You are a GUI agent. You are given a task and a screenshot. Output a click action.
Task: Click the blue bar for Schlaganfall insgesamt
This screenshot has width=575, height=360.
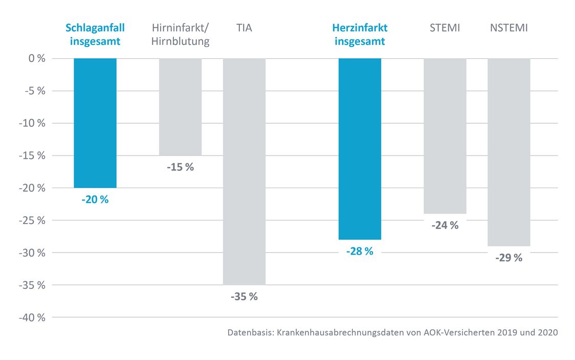click(95, 123)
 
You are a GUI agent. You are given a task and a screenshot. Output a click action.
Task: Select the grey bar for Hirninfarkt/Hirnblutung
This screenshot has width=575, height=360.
click(180, 106)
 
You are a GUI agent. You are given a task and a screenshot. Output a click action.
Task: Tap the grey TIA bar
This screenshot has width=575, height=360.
click(244, 171)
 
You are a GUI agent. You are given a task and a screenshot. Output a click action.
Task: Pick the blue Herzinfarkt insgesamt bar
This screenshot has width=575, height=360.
click(360, 148)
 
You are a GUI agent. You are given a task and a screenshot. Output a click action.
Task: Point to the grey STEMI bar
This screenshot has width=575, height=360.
click(445, 136)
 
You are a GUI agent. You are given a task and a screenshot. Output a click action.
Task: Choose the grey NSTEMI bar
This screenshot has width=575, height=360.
click(508, 152)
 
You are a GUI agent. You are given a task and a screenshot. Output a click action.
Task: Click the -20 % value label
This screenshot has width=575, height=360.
click(95, 199)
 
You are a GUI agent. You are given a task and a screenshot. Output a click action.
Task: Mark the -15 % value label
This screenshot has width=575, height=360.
click(180, 167)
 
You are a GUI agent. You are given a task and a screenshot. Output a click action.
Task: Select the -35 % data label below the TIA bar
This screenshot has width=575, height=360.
click(244, 296)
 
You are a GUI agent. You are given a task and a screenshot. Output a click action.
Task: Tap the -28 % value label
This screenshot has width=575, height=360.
click(360, 251)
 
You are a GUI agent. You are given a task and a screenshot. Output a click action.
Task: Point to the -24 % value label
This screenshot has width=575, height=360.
click(445, 225)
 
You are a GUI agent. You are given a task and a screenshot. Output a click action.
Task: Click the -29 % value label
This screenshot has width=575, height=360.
click(508, 258)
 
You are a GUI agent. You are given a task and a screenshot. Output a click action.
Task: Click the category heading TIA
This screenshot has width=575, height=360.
click(244, 28)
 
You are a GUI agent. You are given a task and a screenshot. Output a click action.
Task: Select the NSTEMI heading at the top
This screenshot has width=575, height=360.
click(508, 28)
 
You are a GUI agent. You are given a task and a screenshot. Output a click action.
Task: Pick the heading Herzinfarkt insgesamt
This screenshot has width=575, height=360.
click(360, 34)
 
